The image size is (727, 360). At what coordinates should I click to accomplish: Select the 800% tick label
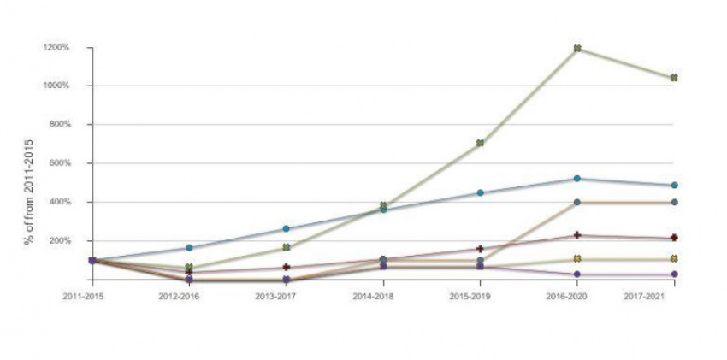(x=58, y=124)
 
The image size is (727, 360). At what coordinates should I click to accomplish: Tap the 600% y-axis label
(x=58, y=163)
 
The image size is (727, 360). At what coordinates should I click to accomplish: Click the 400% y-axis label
(x=58, y=202)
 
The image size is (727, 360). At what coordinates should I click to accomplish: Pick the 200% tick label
(x=58, y=241)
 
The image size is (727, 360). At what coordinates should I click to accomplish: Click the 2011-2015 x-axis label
(x=91, y=296)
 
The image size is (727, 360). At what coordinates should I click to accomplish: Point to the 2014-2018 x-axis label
(x=382, y=296)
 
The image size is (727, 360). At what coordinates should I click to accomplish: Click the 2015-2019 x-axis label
(x=480, y=296)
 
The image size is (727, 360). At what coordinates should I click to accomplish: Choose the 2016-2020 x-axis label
(x=577, y=296)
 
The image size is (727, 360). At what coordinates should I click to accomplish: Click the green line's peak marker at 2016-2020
(x=577, y=48)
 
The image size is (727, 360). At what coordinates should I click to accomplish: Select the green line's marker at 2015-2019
(x=480, y=143)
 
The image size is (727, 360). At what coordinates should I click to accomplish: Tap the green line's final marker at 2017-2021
(x=675, y=78)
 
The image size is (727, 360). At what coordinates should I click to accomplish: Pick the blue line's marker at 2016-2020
(x=577, y=179)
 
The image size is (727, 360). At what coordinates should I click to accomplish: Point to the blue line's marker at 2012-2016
(x=188, y=248)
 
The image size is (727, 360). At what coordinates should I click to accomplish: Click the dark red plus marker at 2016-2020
(x=577, y=235)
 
